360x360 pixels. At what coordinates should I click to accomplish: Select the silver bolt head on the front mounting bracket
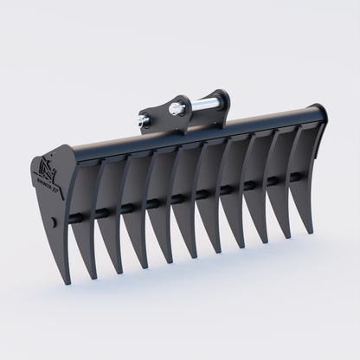pyautogui.click(x=176, y=109)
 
